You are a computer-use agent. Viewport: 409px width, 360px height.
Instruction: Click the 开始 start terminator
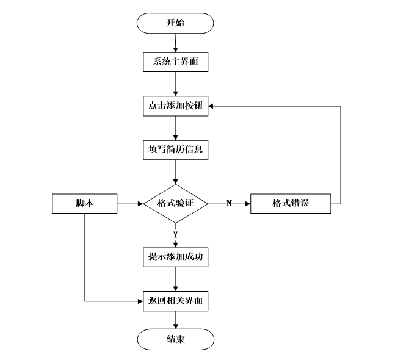coord(175,24)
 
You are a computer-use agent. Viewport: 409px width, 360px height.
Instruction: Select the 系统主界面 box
coord(175,62)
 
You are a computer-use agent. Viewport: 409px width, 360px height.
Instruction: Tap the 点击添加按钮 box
coord(175,106)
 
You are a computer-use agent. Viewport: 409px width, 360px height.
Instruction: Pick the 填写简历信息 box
coord(175,149)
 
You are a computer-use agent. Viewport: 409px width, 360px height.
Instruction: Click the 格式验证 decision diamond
coord(175,203)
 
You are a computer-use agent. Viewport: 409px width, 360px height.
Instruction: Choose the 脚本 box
coord(84,203)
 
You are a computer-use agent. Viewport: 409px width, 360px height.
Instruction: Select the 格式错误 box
coord(291,203)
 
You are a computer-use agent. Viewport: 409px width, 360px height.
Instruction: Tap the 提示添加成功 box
coord(175,257)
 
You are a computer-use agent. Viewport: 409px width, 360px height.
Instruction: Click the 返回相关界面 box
coord(175,301)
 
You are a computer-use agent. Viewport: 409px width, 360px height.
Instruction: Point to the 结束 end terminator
coord(175,339)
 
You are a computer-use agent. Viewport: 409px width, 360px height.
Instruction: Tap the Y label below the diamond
coord(175,234)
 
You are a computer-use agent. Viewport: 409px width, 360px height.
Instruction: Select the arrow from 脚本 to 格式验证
coord(129,203)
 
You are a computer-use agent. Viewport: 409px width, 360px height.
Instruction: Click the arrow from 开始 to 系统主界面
coord(175,43)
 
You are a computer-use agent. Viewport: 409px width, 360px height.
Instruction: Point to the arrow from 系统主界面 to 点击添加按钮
coord(175,84)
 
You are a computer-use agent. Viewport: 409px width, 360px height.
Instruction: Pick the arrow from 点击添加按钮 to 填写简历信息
coord(175,128)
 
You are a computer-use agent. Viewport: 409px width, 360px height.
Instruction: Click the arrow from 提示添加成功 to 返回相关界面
coord(175,279)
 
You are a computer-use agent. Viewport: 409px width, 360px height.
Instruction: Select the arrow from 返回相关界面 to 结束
coord(175,320)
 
